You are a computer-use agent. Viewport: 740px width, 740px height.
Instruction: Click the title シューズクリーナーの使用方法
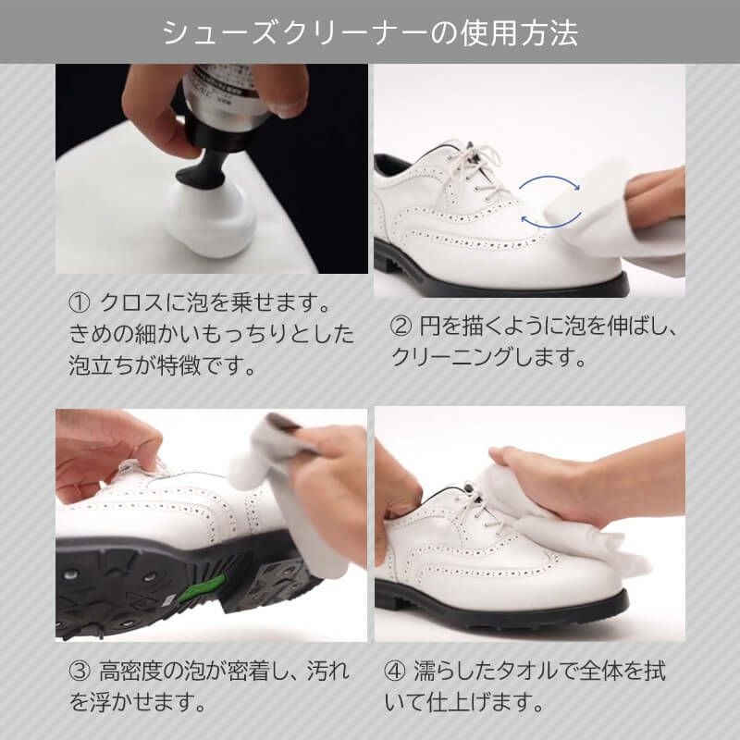(x=370, y=32)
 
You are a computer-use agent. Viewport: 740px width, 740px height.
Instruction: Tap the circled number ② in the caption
(x=402, y=326)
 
